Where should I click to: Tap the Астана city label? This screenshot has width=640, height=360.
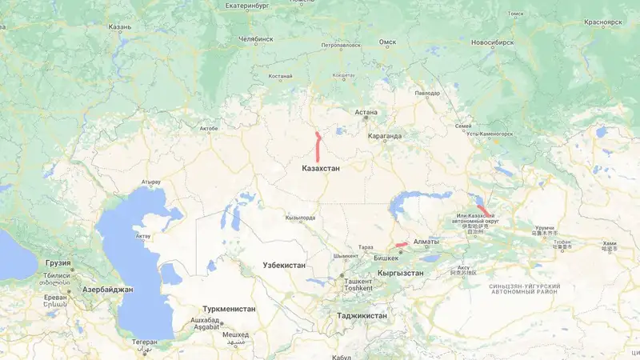(x=366, y=113)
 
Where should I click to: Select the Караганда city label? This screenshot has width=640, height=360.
(x=385, y=136)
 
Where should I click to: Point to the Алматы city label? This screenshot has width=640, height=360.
(x=426, y=242)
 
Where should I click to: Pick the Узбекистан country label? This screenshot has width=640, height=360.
(x=284, y=265)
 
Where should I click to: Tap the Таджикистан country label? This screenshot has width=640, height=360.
(x=362, y=316)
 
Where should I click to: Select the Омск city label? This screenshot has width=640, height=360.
(x=387, y=41)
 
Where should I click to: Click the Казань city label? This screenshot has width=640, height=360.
(x=120, y=26)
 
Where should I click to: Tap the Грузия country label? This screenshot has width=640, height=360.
(x=58, y=262)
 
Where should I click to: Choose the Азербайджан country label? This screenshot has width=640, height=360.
(x=106, y=289)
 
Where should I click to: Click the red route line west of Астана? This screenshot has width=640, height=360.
(x=318, y=147)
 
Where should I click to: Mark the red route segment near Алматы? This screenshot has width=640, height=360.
(x=402, y=244)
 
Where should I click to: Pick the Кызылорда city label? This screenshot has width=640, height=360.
(x=300, y=218)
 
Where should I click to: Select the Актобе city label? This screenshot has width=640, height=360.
(x=208, y=128)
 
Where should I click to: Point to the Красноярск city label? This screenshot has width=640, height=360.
(x=602, y=22)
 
